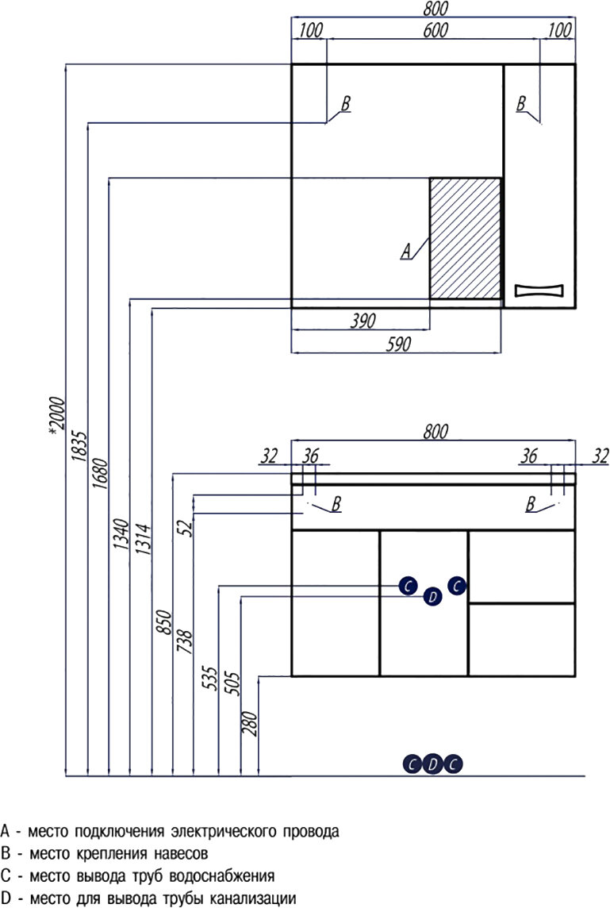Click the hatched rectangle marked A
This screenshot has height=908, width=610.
(x=466, y=238)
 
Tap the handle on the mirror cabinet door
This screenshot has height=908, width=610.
(x=539, y=290)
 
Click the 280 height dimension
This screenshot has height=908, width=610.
(x=252, y=721)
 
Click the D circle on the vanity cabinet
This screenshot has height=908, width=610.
(x=432, y=597)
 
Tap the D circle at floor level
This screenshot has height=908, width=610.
(x=432, y=764)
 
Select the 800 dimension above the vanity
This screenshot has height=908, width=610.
(x=435, y=432)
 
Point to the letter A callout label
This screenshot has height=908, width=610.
(x=406, y=252)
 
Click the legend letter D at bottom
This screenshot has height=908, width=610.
(x=6, y=898)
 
